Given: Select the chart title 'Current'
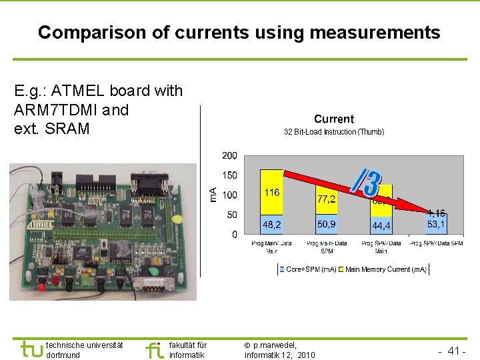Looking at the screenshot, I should click(333, 119).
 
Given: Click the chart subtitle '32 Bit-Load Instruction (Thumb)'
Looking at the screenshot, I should click(333, 132).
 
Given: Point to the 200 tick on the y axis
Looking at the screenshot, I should click(229, 155).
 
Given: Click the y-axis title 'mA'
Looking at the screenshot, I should click(213, 195).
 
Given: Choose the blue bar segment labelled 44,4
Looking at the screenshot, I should click(381, 226).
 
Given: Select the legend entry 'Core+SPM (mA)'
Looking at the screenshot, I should click(310, 269).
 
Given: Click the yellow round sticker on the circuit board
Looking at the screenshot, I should click(176, 219).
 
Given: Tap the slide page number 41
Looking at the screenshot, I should click(455, 351).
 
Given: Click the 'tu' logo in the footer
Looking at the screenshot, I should click(31, 349).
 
